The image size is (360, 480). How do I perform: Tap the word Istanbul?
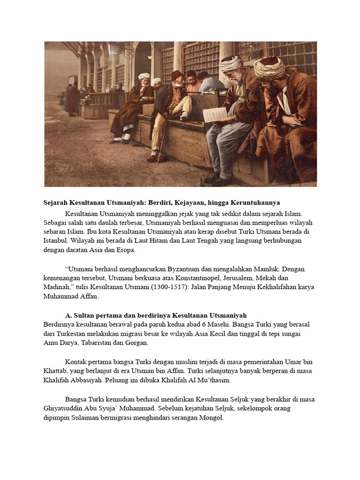click(55, 240)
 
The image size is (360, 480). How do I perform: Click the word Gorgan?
click(136, 343)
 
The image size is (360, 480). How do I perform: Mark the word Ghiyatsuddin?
click(64, 408)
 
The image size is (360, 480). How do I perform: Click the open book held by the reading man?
click(215, 114)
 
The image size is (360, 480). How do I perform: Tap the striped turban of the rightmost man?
click(269, 68)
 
